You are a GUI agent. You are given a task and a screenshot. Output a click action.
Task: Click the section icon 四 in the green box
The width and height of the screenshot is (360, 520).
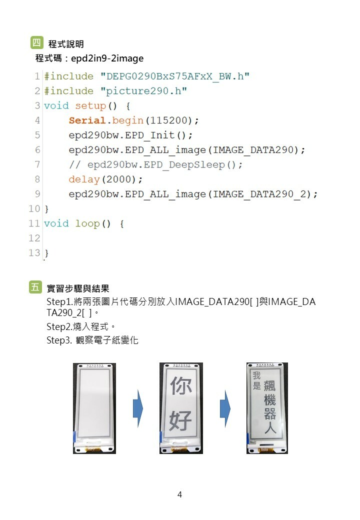[x=36, y=43]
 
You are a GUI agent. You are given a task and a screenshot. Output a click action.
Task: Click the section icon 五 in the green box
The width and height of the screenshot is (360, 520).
[x=35, y=287]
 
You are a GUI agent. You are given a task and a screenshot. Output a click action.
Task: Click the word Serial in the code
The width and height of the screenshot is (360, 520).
[x=87, y=120]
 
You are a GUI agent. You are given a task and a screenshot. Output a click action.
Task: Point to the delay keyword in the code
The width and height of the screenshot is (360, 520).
[x=84, y=179]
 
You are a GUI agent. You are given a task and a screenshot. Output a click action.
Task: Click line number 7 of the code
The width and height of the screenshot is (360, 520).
[x=37, y=164]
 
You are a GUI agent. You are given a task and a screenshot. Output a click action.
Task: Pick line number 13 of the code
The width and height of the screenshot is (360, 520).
[x=34, y=252]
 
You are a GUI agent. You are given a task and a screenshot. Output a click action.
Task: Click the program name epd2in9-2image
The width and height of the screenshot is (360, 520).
[x=107, y=58]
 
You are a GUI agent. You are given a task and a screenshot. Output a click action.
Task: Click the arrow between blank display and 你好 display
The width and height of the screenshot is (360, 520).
[x=137, y=409]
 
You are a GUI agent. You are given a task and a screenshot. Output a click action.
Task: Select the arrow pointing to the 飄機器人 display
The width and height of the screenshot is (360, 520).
[x=225, y=409]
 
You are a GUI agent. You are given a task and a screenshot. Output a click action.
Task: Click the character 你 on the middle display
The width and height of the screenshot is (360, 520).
[x=181, y=387]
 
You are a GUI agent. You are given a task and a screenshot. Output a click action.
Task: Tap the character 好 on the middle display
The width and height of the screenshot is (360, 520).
[x=181, y=421]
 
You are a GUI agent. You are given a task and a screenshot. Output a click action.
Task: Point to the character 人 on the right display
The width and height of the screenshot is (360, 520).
[x=270, y=428]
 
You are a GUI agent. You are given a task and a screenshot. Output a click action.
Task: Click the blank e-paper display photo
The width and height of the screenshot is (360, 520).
[x=94, y=408]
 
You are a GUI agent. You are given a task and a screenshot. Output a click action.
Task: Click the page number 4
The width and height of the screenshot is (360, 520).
[x=179, y=495]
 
